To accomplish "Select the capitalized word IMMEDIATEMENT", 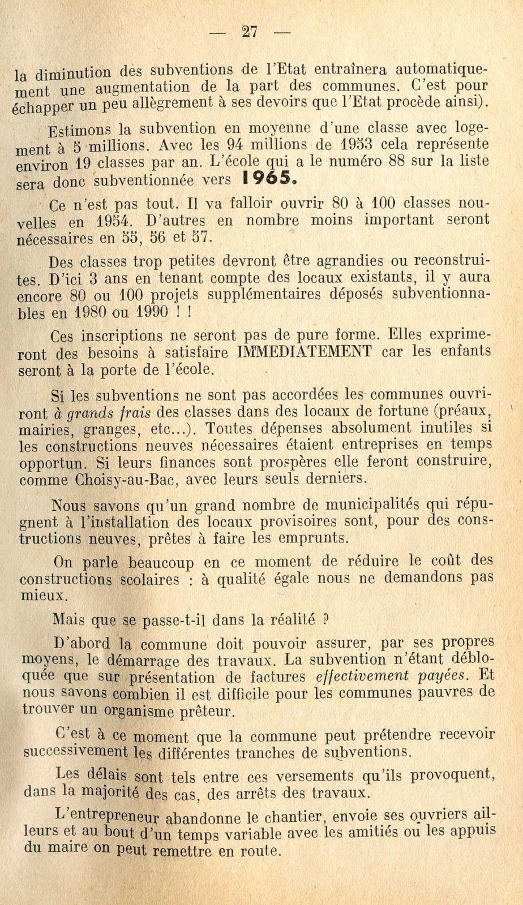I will [305, 352].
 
